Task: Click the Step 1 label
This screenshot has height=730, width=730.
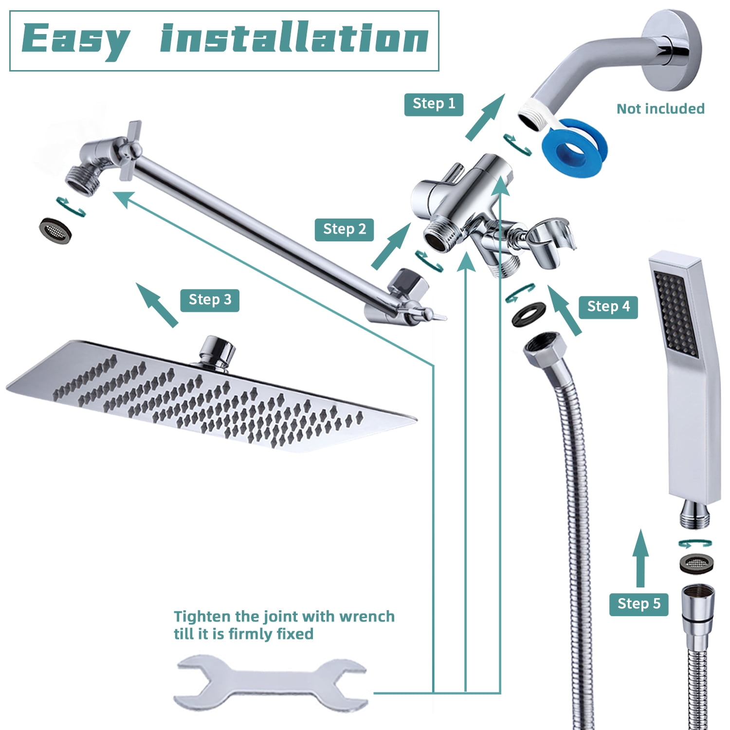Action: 434,104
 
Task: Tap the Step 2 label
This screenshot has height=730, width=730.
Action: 344,230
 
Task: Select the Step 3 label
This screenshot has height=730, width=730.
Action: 210,300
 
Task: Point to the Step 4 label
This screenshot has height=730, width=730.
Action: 608,307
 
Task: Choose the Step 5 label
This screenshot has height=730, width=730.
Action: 639,604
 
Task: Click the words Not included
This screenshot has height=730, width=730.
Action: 660,109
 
